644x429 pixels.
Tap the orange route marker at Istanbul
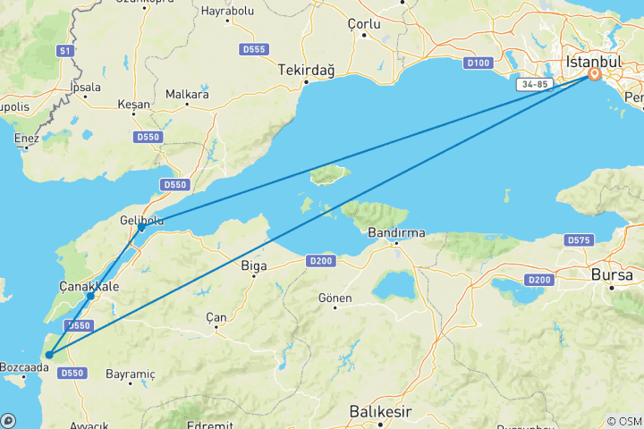[x=593, y=76]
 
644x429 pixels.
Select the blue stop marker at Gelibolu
[x=141, y=229]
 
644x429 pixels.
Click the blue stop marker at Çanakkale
[x=90, y=296]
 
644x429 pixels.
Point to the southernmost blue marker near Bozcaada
[x=49, y=355]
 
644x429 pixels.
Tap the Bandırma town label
[x=396, y=234]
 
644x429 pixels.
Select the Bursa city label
[x=612, y=275]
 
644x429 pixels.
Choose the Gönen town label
[x=335, y=298]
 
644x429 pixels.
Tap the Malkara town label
[x=187, y=94]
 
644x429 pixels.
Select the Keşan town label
[x=134, y=104]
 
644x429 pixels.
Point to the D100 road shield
[x=479, y=63]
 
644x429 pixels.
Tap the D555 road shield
[x=254, y=48]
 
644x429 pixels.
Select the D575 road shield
[x=579, y=240]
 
